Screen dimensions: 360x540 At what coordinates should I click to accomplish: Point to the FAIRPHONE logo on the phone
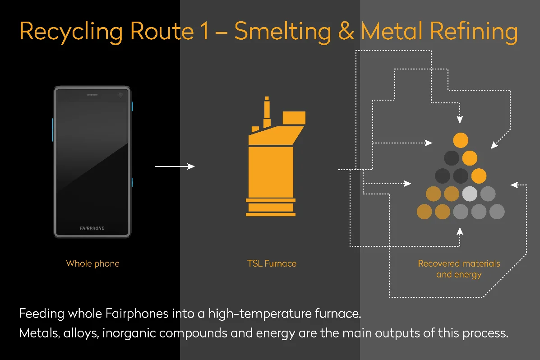(x=92, y=228)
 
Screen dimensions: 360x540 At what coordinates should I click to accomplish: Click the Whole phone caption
(x=92, y=263)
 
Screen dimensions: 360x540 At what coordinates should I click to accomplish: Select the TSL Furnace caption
(x=272, y=263)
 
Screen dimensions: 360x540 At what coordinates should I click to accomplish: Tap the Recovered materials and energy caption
(x=459, y=269)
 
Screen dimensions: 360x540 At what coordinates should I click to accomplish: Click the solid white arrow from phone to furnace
(x=175, y=166)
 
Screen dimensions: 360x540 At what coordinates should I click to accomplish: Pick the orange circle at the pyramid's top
(x=460, y=140)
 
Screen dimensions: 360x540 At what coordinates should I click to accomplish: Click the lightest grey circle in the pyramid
(x=470, y=194)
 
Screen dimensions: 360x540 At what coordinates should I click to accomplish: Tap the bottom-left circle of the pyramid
(x=424, y=211)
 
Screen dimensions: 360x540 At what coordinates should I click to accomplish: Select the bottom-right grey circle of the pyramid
(x=497, y=211)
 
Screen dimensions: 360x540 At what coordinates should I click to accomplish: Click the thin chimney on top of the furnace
(x=267, y=109)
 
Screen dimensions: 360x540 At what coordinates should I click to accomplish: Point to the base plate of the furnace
(x=271, y=214)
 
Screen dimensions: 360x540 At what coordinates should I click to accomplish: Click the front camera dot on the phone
(x=120, y=95)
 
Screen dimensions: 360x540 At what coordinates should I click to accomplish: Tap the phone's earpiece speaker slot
(x=92, y=95)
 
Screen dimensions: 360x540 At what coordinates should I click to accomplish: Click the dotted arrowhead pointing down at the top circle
(x=460, y=120)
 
